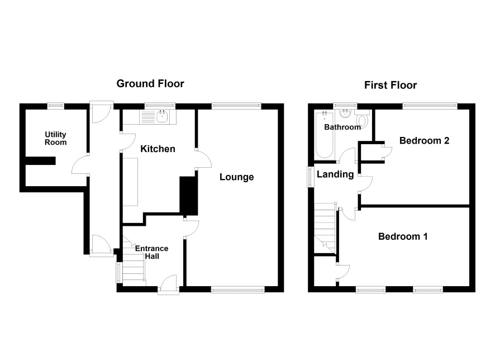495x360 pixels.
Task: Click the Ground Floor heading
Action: coord(150,84)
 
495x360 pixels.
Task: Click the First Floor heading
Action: coord(391,85)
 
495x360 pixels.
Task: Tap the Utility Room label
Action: coord(55,138)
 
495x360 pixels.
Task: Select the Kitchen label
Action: coord(158,149)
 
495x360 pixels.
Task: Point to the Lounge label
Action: coord(237,177)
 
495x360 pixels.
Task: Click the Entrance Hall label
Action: coord(152,252)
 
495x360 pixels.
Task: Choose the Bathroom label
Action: coord(342,127)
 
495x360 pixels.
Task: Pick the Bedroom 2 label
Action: coord(424,140)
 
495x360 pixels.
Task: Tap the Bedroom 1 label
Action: coord(403,236)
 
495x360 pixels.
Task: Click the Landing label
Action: coord(335,174)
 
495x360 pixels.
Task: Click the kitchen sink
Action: coord(158,117)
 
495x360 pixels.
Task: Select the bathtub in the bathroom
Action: coord(324,135)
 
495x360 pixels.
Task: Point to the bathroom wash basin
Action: coord(344,113)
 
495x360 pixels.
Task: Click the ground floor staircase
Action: coord(134,262)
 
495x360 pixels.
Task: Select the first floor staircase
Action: coord(325,228)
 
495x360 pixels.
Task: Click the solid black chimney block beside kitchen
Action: coord(188,196)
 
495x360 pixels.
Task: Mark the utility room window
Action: coord(56,106)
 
